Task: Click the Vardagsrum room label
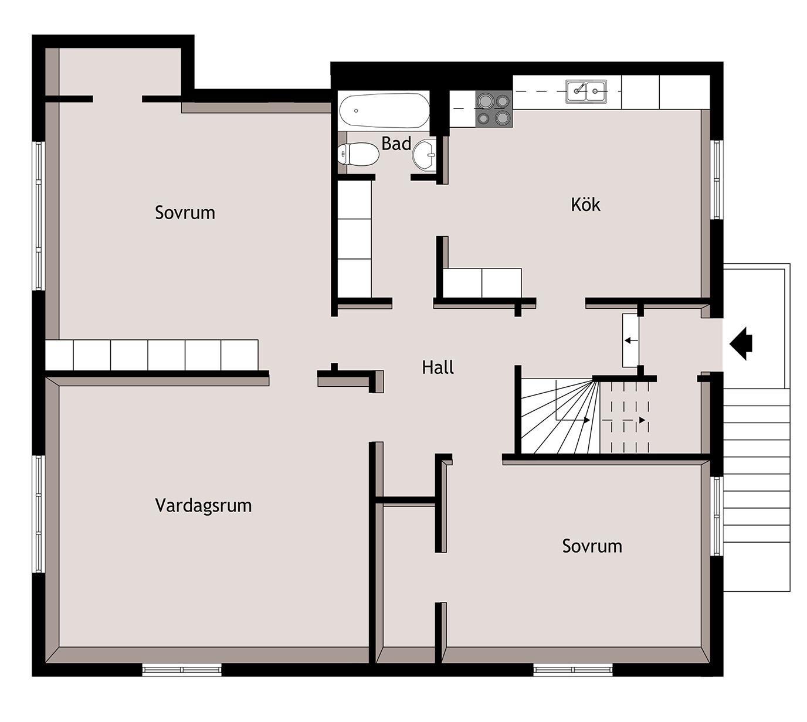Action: pyautogui.click(x=204, y=506)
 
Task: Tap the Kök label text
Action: pyautogui.click(x=585, y=205)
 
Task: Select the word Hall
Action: pyautogui.click(x=438, y=367)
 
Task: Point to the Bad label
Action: pyautogui.click(x=396, y=144)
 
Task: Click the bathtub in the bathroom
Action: pyautogui.click(x=384, y=110)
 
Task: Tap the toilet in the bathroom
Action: pyautogui.click(x=357, y=154)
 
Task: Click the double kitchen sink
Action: pyautogui.click(x=586, y=91)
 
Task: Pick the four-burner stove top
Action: pyautogui.click(x=494, y=108)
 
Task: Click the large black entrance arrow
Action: pyautogui.click(x=741, y=343)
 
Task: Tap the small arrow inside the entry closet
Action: pyautogui.click(x=631, y=340)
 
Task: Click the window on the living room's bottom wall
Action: pyautogui.click(x=182, y=669)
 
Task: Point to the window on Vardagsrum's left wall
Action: pyautogui.click(x=38, y=514)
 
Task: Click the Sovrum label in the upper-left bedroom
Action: pyautogui.click(x=185, y=213)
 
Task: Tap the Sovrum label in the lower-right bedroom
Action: pyautogui.click(x=592, y=546)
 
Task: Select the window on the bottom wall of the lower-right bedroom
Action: pyautogui.click(x=573, y=669)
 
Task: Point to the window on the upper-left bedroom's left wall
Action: pyautogui.click(x=38, y=216)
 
